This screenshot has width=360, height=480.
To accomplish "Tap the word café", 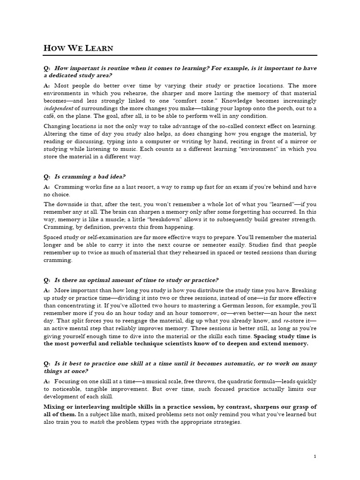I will point(51,116).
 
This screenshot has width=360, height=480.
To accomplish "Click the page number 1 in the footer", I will point(315,456).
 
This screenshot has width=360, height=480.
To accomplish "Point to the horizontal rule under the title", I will point(180,55).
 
